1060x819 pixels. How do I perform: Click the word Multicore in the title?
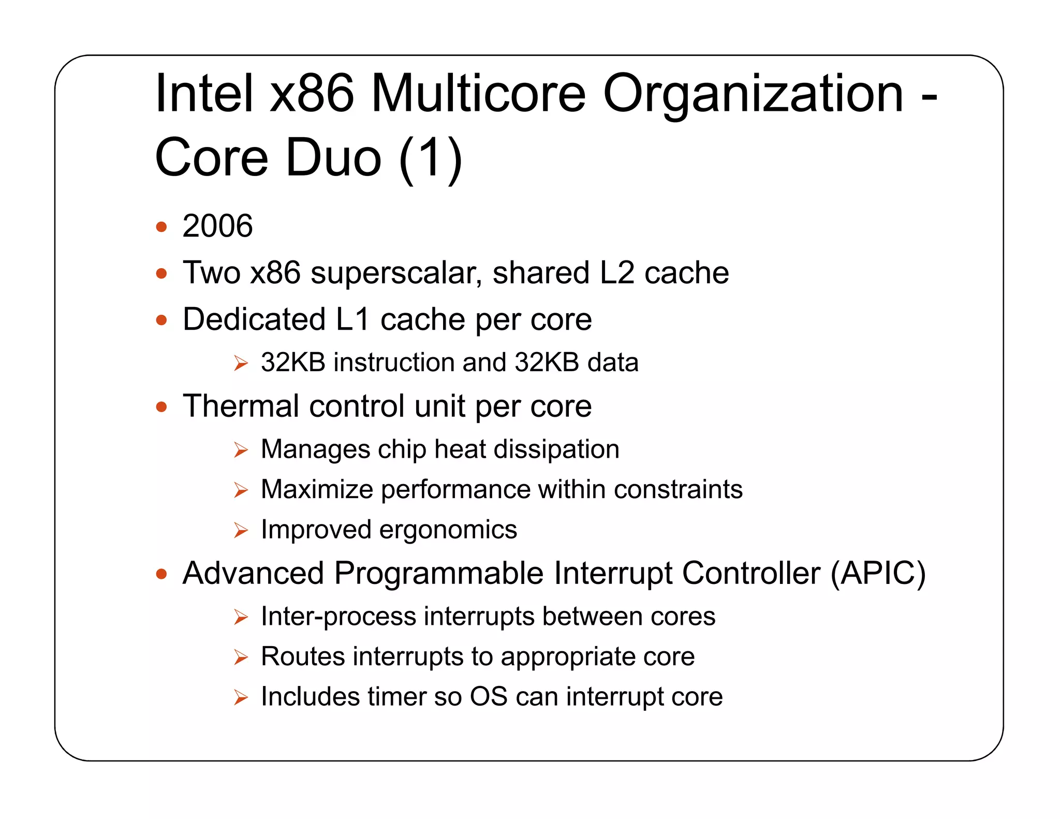coord(478,93)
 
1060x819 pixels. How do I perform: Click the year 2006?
coord(217,226)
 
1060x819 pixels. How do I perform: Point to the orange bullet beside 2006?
coord(161,227)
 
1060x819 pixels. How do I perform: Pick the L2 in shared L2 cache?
coord(617,273)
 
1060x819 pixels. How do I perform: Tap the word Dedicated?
coord(254,319)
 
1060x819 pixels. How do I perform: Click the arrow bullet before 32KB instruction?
coord(241,363)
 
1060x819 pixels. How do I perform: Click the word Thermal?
coord(241,406)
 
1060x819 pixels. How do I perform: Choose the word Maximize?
coord(317,489)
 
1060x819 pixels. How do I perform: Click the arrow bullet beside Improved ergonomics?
coord(241,530)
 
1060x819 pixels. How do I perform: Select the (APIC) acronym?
coord(878,574)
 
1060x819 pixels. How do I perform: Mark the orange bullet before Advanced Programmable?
coord(161,574)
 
